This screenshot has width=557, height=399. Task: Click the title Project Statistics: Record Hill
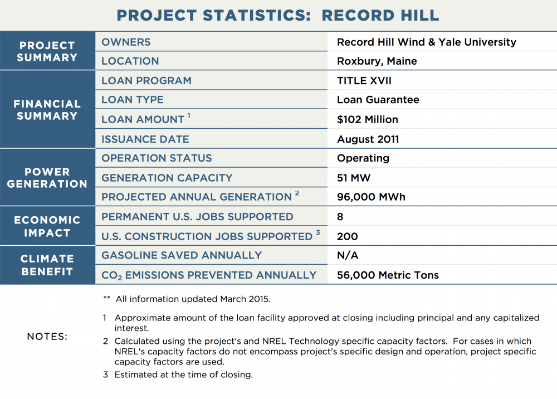click(278, 15)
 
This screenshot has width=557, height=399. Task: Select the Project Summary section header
click(47, 51)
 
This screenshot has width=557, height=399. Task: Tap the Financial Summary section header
click(47, 110)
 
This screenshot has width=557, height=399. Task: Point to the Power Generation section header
click(47, 178)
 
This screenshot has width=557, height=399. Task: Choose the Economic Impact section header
click(47, 226)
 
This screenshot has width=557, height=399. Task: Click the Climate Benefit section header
click(47, 265)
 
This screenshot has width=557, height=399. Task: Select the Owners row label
click(126, 42)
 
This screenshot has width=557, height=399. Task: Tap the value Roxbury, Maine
click(377, 61)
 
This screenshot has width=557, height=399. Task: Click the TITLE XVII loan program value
click(364, 81)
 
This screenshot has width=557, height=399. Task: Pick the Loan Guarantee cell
click(378, 100)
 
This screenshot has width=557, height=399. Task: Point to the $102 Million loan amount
click(368, 119)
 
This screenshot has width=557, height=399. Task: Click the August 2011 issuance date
click(368, 139)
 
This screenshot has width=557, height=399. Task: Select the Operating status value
click(363, 158)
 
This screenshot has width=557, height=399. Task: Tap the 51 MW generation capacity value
click(354, 178)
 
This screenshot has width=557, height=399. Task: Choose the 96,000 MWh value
click(371, 197)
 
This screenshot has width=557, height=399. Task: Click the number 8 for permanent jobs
click(340, 217)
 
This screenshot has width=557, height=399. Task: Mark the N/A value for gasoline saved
click(348, 255)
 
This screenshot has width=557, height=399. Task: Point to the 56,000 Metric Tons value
click(388, 275)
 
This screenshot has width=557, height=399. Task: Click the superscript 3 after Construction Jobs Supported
click(318, 233)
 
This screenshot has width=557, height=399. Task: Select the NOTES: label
click(47, 337)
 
